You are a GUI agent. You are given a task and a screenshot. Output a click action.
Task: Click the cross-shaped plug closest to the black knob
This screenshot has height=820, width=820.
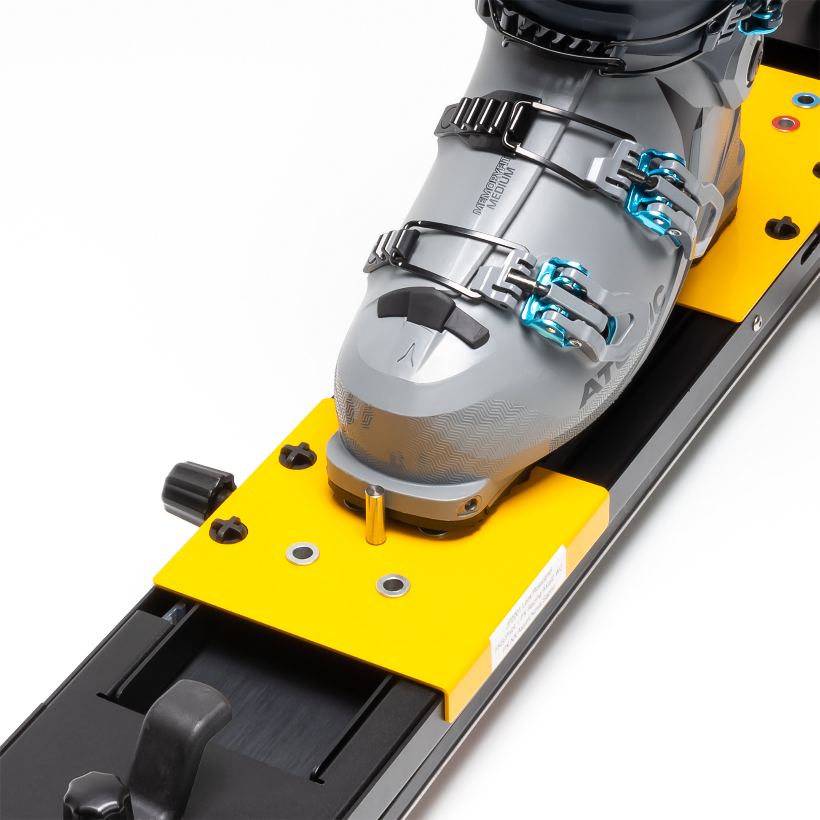point(228,530)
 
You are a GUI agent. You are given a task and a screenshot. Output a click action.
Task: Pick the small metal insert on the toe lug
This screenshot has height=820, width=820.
point(470,505)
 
